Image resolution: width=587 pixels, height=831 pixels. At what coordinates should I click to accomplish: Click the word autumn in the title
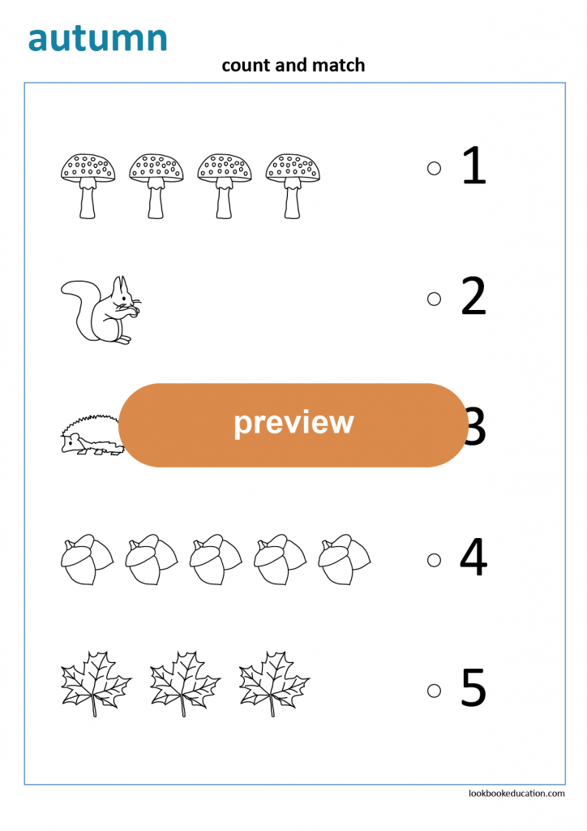click(x=97, y=38)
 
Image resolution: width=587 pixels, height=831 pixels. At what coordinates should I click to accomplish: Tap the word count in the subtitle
click(x=246, y=65)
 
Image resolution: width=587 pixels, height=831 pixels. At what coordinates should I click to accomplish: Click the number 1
click(x=473, y=166)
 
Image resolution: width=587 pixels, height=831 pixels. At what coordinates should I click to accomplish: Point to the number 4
click(x=473, y=558)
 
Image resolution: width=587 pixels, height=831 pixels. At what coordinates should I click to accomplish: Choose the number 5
click(x=473, y=688)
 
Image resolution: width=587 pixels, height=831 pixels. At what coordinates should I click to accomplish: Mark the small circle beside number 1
click(x=434, y=168)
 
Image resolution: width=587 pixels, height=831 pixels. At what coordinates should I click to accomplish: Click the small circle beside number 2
click(x=434, y=299)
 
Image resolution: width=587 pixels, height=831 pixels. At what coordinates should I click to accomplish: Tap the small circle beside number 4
click(x=434, y=560)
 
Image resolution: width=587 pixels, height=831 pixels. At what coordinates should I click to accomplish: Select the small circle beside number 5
click(x=434, y=691)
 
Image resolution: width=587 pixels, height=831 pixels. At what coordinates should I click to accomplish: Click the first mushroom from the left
click(x=88, y=185)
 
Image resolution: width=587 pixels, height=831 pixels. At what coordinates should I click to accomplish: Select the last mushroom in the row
click(x=293, y=185)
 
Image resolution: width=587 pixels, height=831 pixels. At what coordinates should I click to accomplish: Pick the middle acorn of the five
click(x=216, y=559)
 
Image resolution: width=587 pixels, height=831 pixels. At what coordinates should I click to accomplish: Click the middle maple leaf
click(x=185, y=682)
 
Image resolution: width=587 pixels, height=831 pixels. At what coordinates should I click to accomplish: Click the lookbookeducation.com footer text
click(x=516, y=793)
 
